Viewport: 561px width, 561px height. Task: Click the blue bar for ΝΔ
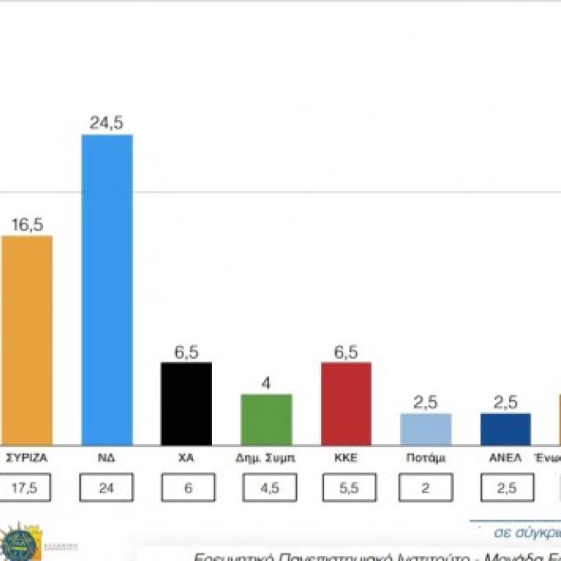(106, 290)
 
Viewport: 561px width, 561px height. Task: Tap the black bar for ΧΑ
(186, 403)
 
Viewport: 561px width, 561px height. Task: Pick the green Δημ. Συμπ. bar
(266, 419)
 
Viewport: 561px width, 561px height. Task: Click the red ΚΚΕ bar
(346, 403)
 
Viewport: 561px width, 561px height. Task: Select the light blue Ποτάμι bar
(426, 429)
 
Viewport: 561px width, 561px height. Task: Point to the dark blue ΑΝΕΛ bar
(505, 429)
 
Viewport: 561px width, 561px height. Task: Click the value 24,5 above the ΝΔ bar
(106, 122)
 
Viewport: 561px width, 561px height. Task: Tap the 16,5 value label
(26, 224)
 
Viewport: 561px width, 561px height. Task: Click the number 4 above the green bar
(266, 383)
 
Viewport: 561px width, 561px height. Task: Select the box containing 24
(106, 488)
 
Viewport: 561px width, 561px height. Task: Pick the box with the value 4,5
(268, 488)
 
